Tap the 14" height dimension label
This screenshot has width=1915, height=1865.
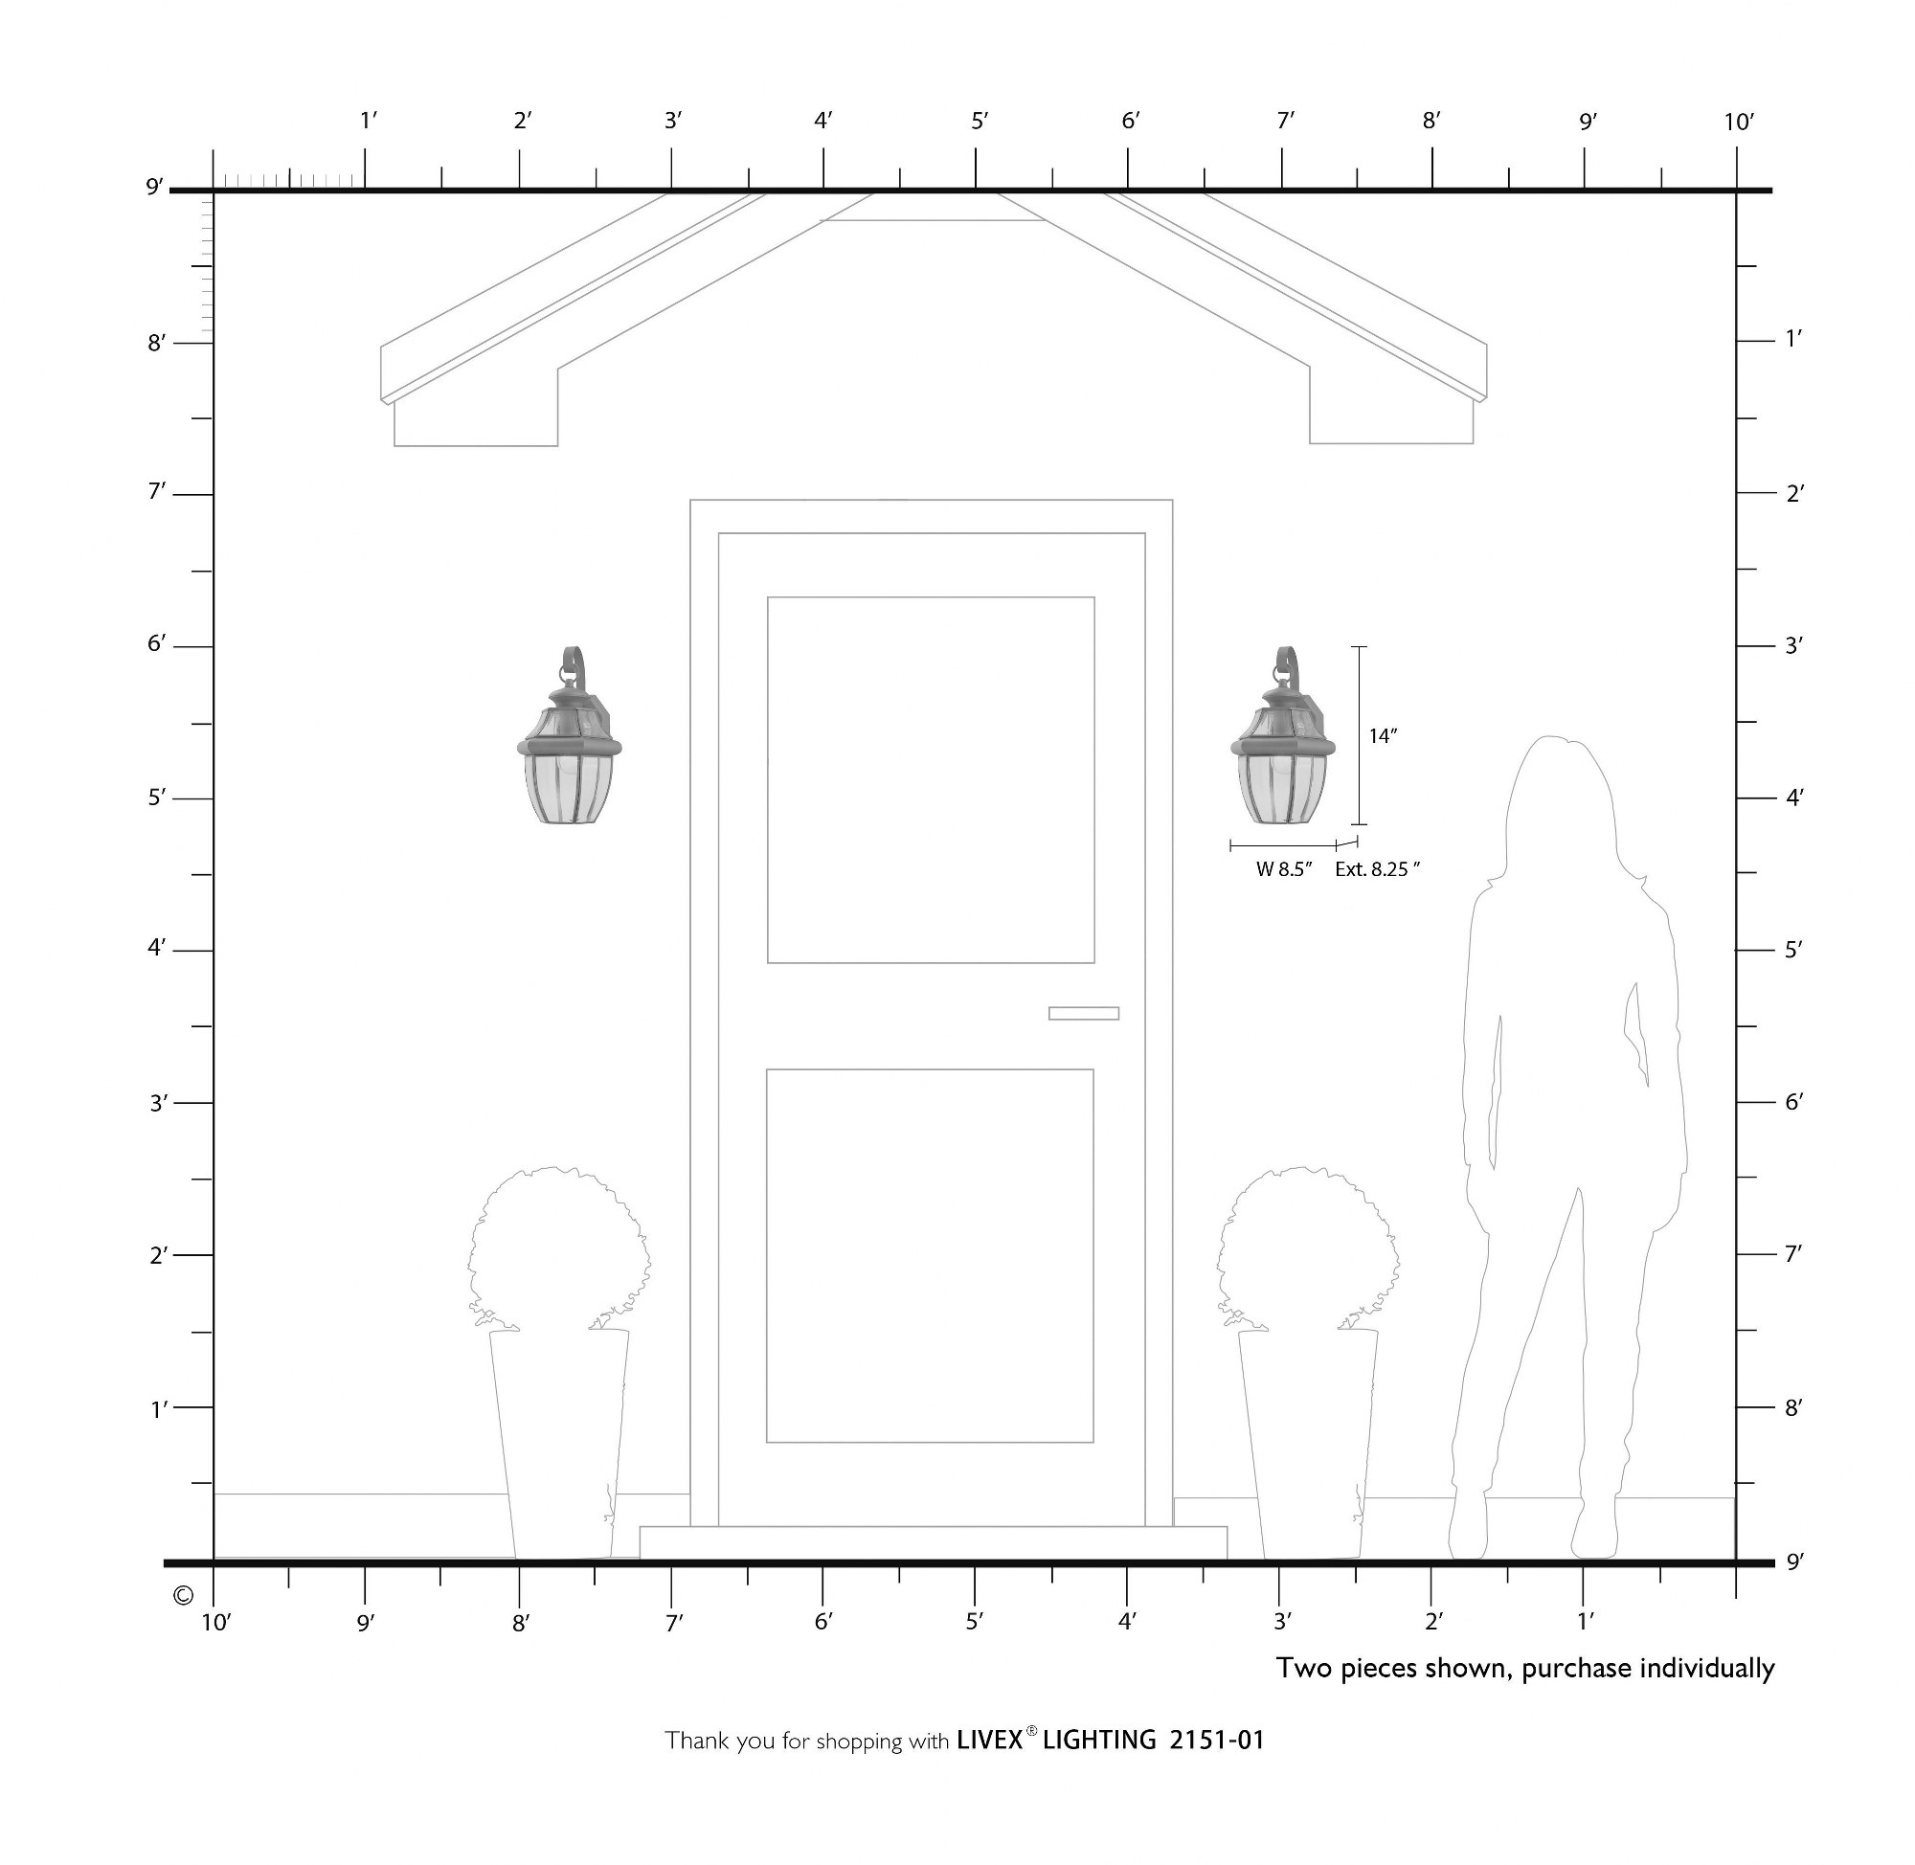tap(1382, 736)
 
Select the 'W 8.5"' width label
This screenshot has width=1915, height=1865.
tap(1283, 868)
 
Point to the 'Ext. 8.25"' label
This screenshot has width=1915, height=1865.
tap(1377, 868)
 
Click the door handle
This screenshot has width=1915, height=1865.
tap(1083, 1013)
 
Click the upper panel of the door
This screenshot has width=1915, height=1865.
tap(931, 779)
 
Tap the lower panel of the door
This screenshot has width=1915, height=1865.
tap(930, 1256)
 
